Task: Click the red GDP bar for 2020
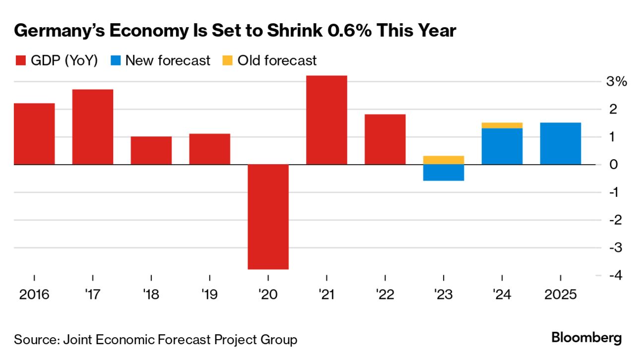coord(268,217)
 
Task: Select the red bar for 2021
coord(326,120)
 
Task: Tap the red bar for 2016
coord(34,134)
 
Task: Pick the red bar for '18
coord(151,150)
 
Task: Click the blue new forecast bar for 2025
coord(560,143)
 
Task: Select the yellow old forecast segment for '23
coord(444,160)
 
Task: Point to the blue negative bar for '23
coord(444,173)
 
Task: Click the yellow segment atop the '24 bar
coord(502,125)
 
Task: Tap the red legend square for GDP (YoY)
coord(20,61)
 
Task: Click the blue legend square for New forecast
coord(115,61)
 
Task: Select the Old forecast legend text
coord(277,61)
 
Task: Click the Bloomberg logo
coord(586,339)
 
